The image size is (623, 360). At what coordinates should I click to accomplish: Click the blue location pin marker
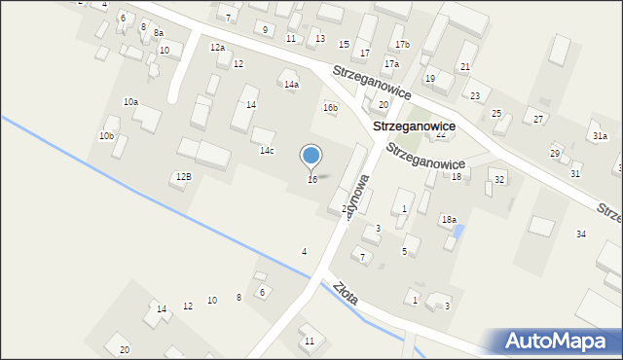311,157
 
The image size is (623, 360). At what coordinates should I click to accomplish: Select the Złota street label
346,294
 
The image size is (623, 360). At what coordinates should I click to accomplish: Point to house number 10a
130,102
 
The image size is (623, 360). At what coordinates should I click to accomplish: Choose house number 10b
106,136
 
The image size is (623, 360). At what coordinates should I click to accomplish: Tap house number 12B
184,177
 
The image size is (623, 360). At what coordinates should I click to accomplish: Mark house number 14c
267,151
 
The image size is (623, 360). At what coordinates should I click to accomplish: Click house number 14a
291,85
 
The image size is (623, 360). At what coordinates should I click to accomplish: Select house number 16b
331,108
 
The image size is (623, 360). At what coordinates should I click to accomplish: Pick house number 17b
402,45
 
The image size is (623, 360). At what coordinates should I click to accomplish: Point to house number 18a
449,220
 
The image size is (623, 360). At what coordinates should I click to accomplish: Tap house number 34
581,234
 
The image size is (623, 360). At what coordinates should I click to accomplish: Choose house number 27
538,119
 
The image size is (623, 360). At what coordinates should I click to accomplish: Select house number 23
475,96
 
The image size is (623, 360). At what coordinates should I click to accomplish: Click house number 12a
217,48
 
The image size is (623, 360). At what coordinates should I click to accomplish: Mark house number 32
499,180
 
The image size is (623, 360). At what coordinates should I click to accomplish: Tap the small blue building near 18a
458,234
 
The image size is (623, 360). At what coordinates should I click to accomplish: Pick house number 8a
159,33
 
